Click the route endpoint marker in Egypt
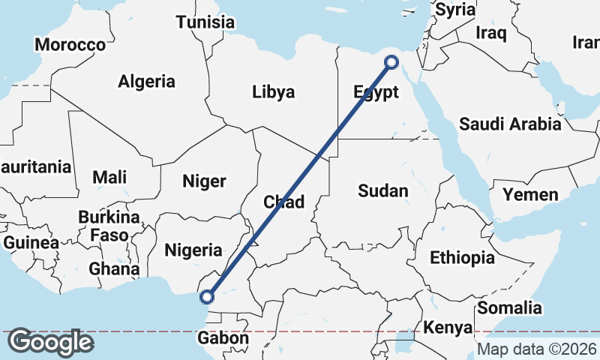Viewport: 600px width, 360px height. point(391,62)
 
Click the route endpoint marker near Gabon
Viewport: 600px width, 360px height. point(207,297)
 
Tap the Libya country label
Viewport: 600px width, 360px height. point(273,92)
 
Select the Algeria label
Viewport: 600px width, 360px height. point(147,82)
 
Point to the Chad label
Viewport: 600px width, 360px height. point(283,202)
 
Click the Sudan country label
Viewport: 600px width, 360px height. point(382,190)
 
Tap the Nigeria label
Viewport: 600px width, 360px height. point(193,250)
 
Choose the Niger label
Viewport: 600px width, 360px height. point(204,181)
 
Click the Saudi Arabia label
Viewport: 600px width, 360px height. point(510,124)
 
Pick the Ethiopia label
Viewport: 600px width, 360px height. point(462,258)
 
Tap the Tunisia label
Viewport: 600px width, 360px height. point(205,22)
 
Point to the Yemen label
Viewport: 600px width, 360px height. point(530,196)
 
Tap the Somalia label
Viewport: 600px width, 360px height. point(509,307)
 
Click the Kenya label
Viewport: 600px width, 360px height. point(448,328)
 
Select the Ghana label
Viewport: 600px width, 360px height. point(114,268)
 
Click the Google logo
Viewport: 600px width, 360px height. point(50,342)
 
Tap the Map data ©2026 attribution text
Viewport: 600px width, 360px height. point(537,349)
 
